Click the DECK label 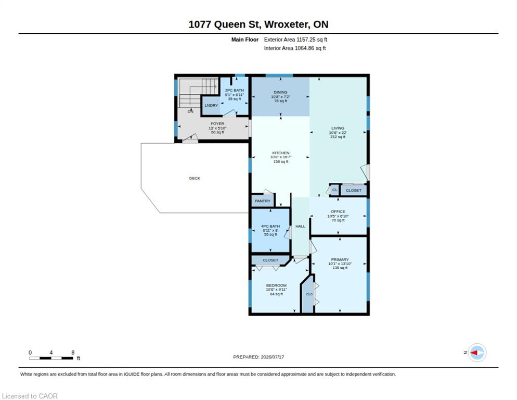coord(195,178)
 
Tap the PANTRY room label coord(263,201)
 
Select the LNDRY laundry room coord(211,105)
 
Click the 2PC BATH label coord(235,90)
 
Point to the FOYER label coord(217,123)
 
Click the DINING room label coord(280,92)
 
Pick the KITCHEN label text coord(280,153)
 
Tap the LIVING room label coord(338,128)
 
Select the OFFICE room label coord(338,211)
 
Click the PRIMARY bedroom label coord(340,259)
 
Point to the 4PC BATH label coord(270,226)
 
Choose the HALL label coord(301,226)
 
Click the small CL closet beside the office coord(334,190)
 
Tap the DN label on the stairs coord(190,111)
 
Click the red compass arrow coord(474,353)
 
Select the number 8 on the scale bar coord(73,353)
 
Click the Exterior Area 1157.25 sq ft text coord(295,40)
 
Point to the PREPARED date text coord(258,357)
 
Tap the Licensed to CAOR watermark coord(30,396)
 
